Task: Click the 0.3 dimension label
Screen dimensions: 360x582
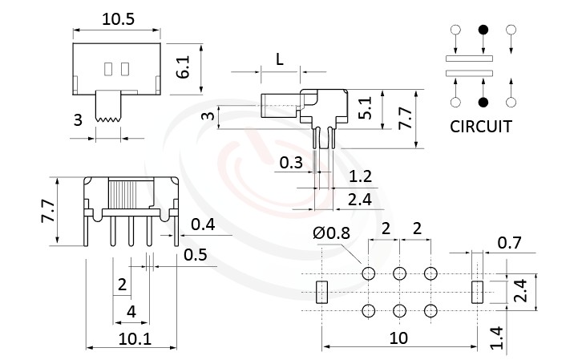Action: click(x=290, y=164)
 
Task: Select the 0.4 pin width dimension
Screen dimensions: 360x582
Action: click(x=204, y=224)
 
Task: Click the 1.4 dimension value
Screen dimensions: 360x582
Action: click(x=498, y=336)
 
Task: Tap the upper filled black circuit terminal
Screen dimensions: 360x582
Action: click(x=483, y=30)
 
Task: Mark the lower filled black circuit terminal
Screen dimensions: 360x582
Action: click(x=483, y=102)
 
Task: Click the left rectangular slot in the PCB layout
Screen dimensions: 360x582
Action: click(x=323, y=292)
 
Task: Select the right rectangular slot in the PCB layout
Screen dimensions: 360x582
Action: click(x=479, y=292)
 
